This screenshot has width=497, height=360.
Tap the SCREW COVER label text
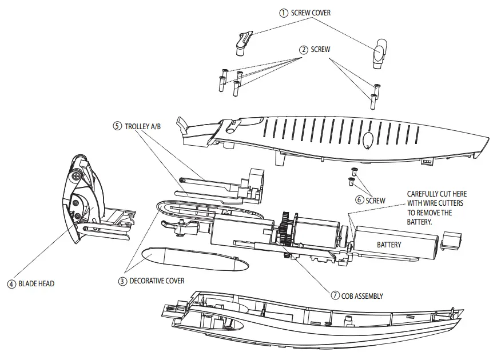[311, 13]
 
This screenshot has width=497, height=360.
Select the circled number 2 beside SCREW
[304, 50]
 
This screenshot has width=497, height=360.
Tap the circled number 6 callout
[359, 200]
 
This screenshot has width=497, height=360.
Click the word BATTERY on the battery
[389, 245]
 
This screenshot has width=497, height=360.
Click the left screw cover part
[242, 43]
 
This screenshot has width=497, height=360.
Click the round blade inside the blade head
[79, 204]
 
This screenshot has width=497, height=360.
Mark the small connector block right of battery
[452, 240]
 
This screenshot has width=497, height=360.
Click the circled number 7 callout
[336, 296]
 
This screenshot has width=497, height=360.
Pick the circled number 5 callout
[117, 126]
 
